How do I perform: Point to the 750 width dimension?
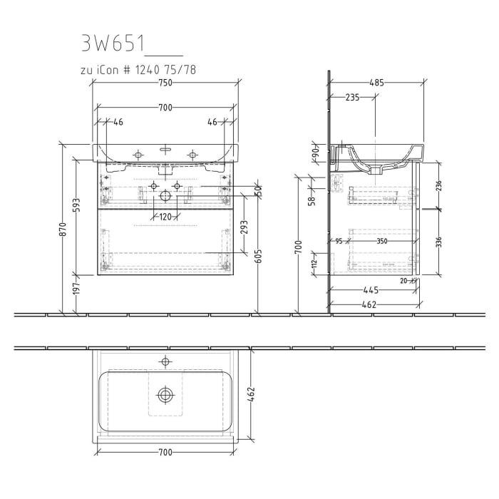(x=165, y=83)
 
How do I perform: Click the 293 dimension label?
(x=244, y=226)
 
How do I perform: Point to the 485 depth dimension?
(x=376, y=83)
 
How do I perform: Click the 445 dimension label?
(x=369, y=290)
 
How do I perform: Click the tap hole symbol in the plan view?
(x=165, y=361)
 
